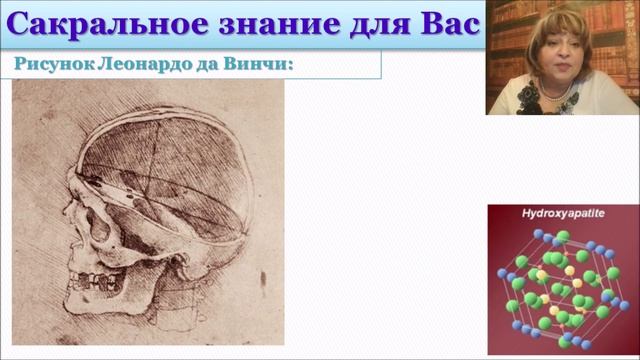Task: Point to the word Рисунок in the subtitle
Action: [51, 65]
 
